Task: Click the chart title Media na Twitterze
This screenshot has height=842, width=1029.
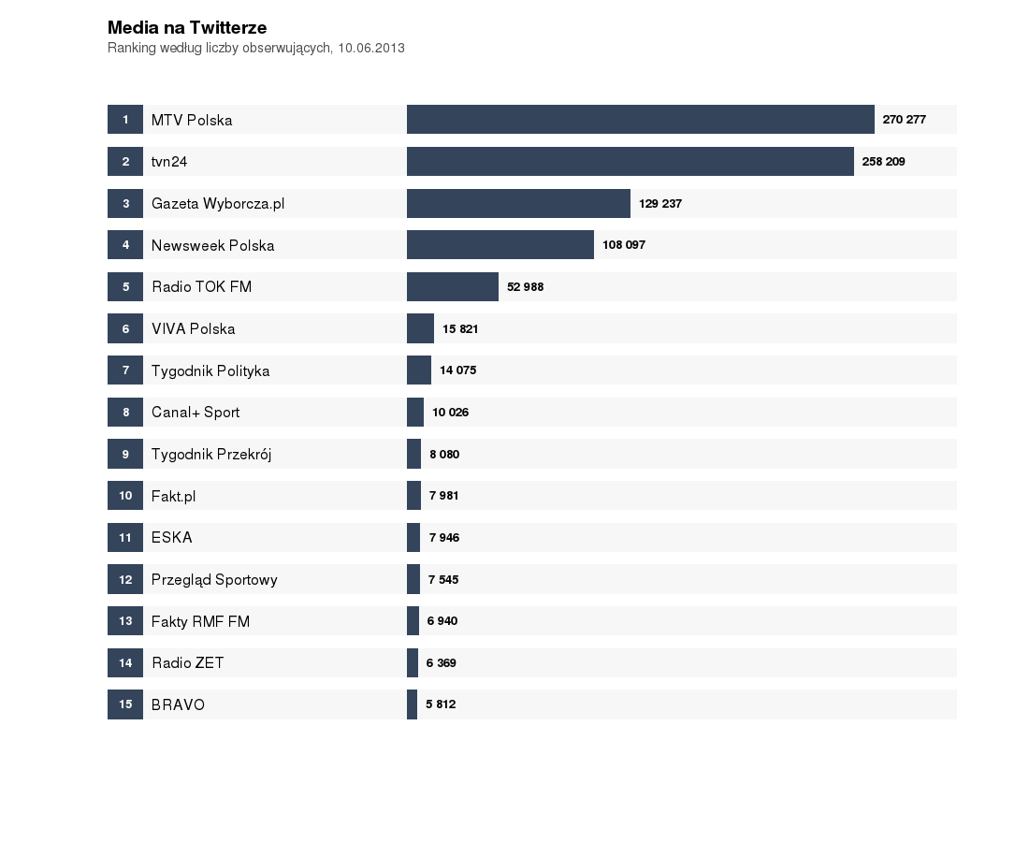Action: pyautogui.click(x=187, y=28)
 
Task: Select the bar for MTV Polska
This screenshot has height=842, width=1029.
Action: pyautogui.click(x=640, y=120)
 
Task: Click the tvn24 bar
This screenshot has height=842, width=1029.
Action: pyautogui.click(x=630, y=161)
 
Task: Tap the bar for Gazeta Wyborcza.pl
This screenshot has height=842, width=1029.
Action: pyautogui.click(x=518, y=203)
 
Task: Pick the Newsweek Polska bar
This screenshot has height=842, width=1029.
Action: pyautogui.click(x=500, y=245)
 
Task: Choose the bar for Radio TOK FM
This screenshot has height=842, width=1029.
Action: pyautogui.click(x=452, y=286)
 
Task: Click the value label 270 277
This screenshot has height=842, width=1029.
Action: pyautogui.click(x=904, y=120)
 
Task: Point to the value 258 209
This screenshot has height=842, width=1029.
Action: pyautogui.click(x=883, y=161)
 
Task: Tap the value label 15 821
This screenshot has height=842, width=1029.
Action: pyautogui.click(x=460, y=328)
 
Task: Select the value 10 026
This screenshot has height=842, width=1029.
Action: pyautogui.click(x=450, y=412)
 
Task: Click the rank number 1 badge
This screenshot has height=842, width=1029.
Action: pyautogui.click(x=125, y=120)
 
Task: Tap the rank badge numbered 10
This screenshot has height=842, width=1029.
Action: pyautogui.click(x=125, y=495)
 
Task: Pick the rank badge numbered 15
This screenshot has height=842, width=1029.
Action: pyautogui.click(x=125, y=704)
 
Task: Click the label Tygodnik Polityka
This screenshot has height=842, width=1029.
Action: pyautogui.click(x=210, y=370)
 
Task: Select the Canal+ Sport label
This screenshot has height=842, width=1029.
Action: pyautogui.click(x=196, y=412)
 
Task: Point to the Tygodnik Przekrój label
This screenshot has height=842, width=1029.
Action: pyautogui.click(x=211, y=454)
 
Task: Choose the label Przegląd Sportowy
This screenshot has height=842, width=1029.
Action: pyautogui.click(x=214, y=579)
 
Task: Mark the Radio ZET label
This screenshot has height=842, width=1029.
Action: pyautogui.click(x=188, y=662)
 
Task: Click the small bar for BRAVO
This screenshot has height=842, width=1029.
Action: pyautogui.click(x=412, y=704)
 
